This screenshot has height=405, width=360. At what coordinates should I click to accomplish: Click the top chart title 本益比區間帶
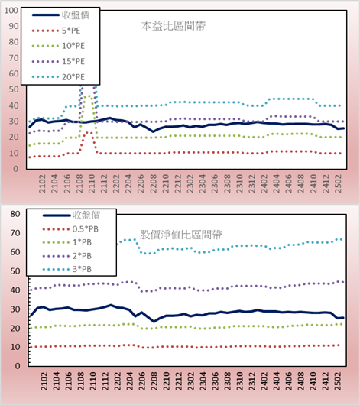pyautogui.click(x=174, y=26)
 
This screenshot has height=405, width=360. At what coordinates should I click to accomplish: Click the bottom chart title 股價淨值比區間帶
pyautogui.click(x=180, y=235)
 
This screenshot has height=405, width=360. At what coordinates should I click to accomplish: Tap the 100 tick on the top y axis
pyautogui.click(x=11, y=11)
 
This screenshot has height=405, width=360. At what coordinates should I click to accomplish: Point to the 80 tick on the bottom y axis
pyautogui.click(x=15, y=214)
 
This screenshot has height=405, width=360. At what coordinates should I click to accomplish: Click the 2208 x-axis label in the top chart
pyautogui.click(x=154, y=183)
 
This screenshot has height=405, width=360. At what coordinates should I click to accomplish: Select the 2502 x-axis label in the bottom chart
pyautogui.click(x=338, y=381)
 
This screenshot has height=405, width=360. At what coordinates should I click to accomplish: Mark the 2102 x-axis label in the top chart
pyautogui.click(x=42, y=183)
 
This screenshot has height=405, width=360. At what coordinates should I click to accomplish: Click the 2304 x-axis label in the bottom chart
pyautogui.click(x=203, y=381)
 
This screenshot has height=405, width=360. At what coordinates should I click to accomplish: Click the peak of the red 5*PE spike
pyautogui.click(x=87, y=132)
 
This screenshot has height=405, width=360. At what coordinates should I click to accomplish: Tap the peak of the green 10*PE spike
pyautogui.click(x=89, y=96)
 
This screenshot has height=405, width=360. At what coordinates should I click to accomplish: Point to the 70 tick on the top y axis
pyautogui.click(x=14, y=58)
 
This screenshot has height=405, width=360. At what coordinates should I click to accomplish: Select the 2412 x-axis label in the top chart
pyautogui.click(x=326, y=183)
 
